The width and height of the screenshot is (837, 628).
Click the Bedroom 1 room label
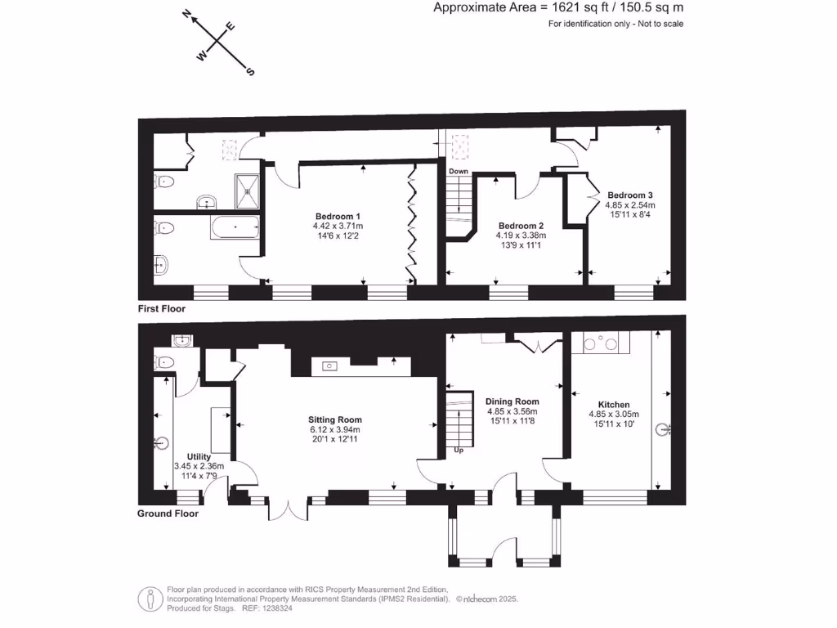click(x=337, y=216)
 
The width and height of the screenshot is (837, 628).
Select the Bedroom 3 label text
click(x=629, y=195)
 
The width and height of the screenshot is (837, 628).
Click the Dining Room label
click(x=512, y=401)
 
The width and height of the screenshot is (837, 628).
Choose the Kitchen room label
click(x=613, y=405)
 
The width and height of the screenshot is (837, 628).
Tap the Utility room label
click(x=199, y=456)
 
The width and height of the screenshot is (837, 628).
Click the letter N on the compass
click(x=187, y=14)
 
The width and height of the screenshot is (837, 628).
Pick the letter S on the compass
click(x=250, y=71)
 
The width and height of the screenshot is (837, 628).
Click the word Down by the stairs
click(x=458, y=171)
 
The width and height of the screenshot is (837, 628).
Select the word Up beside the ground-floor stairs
click(x=458, y=450)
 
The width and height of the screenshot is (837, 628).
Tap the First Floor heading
click(x=162, y=309)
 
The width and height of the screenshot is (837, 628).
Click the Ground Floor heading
click(x=168, y=514)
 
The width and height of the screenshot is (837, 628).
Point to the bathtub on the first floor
click(x=235, y=227)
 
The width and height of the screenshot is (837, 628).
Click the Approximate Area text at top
click(x=557, y=8)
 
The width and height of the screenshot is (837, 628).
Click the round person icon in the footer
click(x=150, y=599)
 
